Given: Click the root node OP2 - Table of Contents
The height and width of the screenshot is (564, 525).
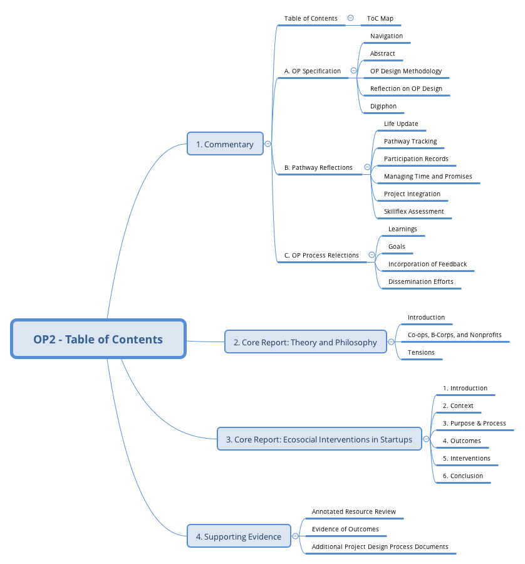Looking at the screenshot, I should [x=98, y=339].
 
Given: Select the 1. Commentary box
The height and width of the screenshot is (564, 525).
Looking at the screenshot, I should [x=225, y=144].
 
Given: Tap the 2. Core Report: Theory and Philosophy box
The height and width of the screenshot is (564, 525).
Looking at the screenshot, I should [x=305, y=342].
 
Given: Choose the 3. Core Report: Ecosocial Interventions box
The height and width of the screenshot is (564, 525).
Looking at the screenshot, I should [x=319, y=439].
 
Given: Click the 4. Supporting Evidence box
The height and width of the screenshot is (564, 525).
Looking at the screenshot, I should [x=239, y=536].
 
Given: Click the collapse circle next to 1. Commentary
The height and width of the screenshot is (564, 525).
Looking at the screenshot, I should [x=268, y=144].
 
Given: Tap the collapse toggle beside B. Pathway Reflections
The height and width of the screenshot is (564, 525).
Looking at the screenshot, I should [x=367, y=167].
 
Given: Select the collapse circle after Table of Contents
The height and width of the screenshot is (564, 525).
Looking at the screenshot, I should [x=350, y=18].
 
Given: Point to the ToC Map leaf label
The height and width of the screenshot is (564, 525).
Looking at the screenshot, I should [x=380, y=19].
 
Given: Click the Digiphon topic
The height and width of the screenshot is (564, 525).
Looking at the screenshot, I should [x=383, y=107].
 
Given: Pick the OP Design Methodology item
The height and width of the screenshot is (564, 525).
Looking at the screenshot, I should [x=405, y=71].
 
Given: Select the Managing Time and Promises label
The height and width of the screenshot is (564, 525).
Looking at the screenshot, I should [x=428, y=177].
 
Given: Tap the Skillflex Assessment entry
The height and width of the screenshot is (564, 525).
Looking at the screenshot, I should [x=413, y=212].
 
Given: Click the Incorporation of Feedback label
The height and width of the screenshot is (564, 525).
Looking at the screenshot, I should [x=427, y=264].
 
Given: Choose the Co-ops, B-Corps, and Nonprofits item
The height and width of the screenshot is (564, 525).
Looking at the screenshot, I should [x=454, y=335].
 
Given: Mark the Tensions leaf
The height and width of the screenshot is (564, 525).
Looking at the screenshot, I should [x=421, y=353].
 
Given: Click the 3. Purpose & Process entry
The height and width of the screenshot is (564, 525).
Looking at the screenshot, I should [x=474, y=424].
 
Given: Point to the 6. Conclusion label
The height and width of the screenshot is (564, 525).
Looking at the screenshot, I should [x=463, y=476].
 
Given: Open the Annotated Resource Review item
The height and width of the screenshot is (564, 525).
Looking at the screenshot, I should [x=354, y=512].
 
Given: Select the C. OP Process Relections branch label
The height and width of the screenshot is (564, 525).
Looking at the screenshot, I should [x=321, y=256].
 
